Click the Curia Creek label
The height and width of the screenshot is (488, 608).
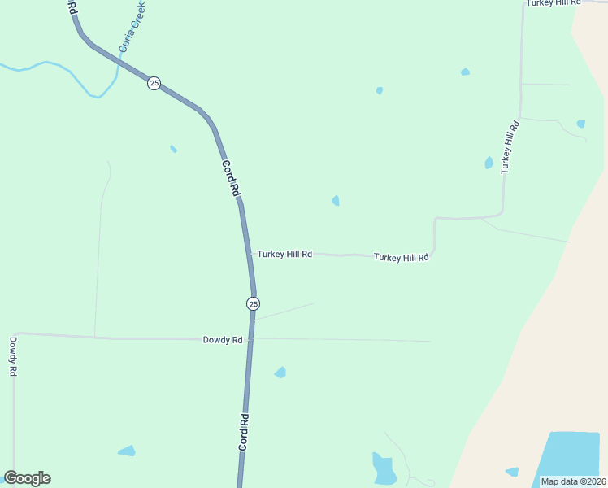coord(132,27)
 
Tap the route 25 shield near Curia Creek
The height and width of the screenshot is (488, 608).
coord(154,83)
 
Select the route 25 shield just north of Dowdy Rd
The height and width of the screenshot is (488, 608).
coord(253,303)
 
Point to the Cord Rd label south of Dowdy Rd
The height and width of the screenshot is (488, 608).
coord(244,433)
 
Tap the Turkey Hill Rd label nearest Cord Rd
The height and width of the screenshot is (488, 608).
coord(284,255)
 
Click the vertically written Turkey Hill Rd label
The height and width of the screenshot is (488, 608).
coord(510,147)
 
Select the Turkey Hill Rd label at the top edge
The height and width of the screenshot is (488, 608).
coord(554,3)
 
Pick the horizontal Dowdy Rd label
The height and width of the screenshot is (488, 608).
coord(223,340)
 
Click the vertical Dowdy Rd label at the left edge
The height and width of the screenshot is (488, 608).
coord(13,356)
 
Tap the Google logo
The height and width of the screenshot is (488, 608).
coord(28,478)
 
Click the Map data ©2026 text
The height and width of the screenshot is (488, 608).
coord(573,481)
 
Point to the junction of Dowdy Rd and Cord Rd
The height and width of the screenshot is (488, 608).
coord(252,338)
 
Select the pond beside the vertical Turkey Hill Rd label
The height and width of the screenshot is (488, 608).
coord(489,163)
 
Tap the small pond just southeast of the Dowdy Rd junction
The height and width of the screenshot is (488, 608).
coord(280,373)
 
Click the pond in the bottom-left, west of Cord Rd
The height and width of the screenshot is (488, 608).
coord(127,451)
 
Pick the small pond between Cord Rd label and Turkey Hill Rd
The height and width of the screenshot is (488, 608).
coord(336,200)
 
